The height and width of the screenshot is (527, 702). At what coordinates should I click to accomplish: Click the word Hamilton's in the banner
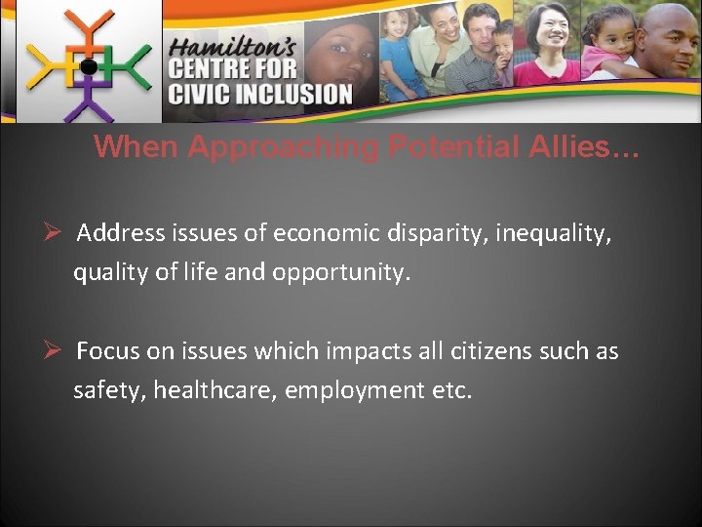pos(229,48)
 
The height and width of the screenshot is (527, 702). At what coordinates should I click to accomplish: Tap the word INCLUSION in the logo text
pos(292,95)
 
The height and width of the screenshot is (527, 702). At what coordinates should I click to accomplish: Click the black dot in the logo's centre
pos(88,67)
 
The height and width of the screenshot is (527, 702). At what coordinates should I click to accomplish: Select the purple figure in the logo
pos(89,98)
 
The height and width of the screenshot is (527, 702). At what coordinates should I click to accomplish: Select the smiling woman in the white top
pos(547,44)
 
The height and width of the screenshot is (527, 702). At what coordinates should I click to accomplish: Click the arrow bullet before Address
pos(55,233)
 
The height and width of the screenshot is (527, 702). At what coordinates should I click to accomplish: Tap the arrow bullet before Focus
pos(55,350)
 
